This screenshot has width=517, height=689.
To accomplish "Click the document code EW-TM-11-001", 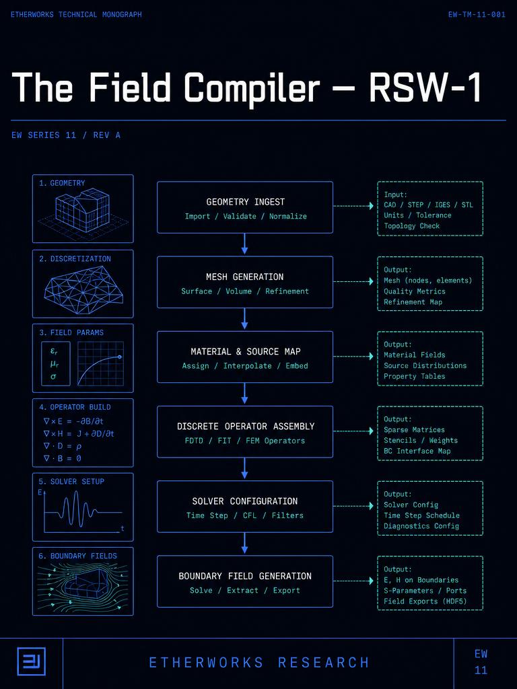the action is coord(477,15).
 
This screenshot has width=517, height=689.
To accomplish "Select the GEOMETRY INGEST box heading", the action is coord(245,202).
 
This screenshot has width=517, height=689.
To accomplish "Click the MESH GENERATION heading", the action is coord(245,277).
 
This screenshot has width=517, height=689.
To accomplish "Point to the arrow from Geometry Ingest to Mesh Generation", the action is coord(244,244).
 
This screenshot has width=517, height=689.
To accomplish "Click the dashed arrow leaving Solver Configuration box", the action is coord(353,506).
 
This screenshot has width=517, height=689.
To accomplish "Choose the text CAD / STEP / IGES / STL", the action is coord(429,205).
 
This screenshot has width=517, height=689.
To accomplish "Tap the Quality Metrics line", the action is coord(415,291).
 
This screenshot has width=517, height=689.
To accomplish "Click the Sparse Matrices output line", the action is coord(414,430).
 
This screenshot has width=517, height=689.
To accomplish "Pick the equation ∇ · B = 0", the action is coord(63,458).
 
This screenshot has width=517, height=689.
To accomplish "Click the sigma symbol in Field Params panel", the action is coord(53,377).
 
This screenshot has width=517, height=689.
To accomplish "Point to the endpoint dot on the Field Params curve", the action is coord(120,357).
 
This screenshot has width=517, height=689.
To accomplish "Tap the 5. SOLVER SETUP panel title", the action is coord(71,482).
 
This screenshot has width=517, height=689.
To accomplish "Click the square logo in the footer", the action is coord(31,661).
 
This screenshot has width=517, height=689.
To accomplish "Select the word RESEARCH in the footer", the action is coord(324,663).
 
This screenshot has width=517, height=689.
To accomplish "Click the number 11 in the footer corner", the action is coord(481,671).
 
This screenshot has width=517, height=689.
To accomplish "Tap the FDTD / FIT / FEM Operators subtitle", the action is coord(245,441).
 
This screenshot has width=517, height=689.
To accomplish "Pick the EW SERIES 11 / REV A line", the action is coord(66,135).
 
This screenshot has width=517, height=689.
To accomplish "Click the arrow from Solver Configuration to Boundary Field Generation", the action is coord(244,543).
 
